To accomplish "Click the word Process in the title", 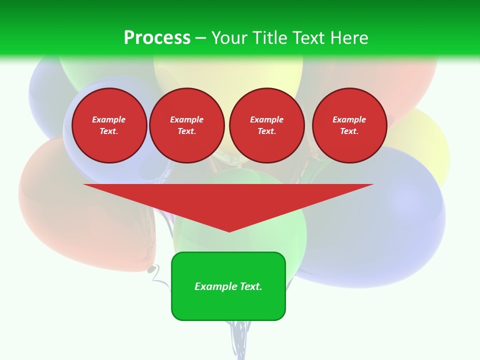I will pos(157,38).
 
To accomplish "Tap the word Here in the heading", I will pos(347,38).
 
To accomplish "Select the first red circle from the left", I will pos(109,125).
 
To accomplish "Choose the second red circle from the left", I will pos(186,125).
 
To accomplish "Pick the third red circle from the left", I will pos(266,125).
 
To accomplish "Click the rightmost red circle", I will pos(349,125).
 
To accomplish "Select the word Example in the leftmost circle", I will pos(109,119).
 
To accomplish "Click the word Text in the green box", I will pos(250,286).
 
